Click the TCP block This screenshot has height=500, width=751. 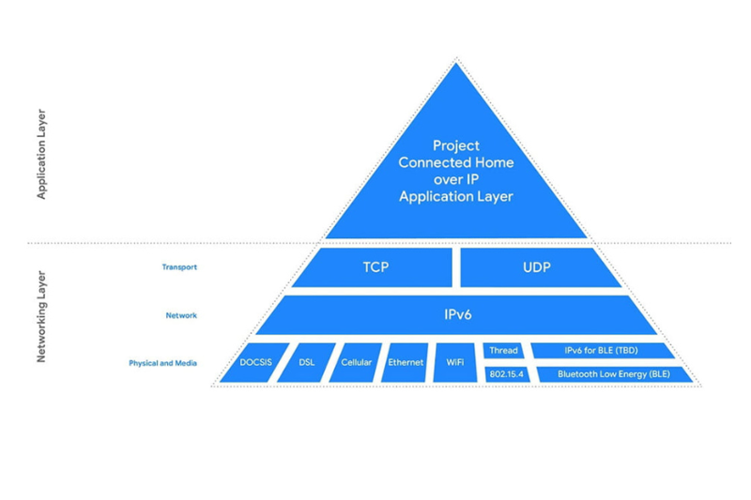coord(375,267)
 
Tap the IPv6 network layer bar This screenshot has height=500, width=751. coord(456,315)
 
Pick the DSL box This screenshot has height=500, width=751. coord(306,363)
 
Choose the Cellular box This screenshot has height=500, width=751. coord(356,363)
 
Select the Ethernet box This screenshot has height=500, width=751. coord(406,363)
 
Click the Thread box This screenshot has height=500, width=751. coord(503,351)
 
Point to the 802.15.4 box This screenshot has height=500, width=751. coord(505,374)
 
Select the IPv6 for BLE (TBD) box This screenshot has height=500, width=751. coord(601,351)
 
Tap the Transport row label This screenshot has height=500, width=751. coord(178,267)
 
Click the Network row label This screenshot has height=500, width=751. coord(180,315)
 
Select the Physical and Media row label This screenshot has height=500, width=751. coord(162,363)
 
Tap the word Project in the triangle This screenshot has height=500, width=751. coord(456,145)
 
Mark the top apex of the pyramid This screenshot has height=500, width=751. coord(456,60)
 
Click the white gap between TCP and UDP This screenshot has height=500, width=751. coord(456,267)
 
